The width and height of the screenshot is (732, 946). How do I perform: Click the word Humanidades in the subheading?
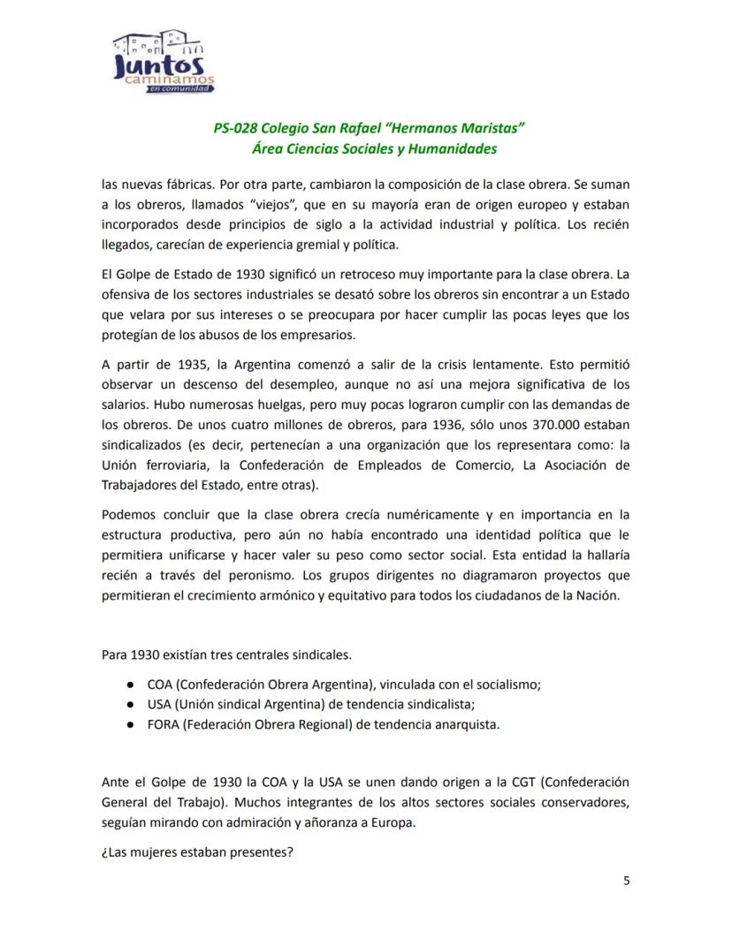tap(454, 149)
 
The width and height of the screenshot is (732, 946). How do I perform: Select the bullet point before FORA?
tap(129, 724)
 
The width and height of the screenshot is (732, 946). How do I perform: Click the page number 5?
tap(626, 880)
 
